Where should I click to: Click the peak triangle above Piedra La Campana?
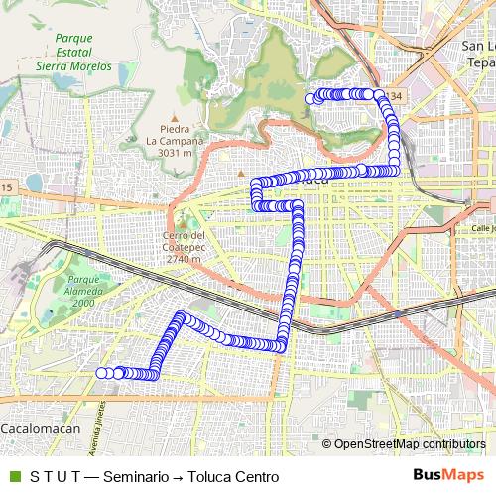click(175, 116)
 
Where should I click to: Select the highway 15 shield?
click(7, 187)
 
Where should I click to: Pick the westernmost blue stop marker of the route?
click(101, 373)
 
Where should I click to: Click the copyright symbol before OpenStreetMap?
click(327, 444)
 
